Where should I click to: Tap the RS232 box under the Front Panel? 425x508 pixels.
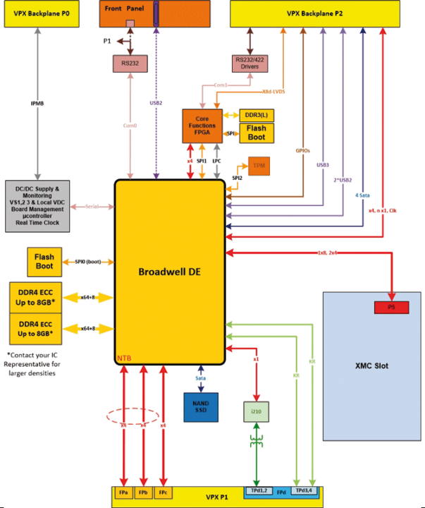(130, 64)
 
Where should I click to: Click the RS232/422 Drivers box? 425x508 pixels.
(250, 64)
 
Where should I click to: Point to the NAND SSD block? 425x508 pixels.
(201, 409)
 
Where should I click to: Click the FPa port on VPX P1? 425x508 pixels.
(123, 491)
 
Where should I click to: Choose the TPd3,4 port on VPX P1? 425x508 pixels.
(303, 490)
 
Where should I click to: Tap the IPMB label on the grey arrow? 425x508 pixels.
(36, 103)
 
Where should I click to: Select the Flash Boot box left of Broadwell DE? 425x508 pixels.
(45, 262)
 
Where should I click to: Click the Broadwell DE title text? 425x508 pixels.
(169, 271)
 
